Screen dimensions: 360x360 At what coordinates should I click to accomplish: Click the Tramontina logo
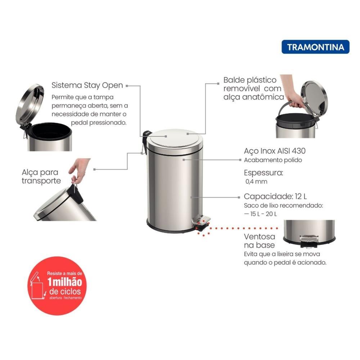tap(315, 47)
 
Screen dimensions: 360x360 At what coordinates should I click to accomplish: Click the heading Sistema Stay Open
tap(87, 85)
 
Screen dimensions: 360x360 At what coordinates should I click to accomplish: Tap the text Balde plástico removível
tap(250, 84)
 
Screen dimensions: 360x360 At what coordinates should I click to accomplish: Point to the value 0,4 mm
tap(256, 181)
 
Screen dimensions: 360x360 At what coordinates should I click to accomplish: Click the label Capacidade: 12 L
tap(275, 197)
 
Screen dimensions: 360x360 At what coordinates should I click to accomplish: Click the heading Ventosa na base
tap(259, 241)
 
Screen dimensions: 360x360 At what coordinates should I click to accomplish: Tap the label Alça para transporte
tap(41, 176)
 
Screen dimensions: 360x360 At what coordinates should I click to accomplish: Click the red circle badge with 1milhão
tap(57, 286)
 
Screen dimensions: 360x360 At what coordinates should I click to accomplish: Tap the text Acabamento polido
tap(273, 160)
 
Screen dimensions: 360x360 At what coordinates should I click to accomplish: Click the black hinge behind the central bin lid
tap(145, 136)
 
